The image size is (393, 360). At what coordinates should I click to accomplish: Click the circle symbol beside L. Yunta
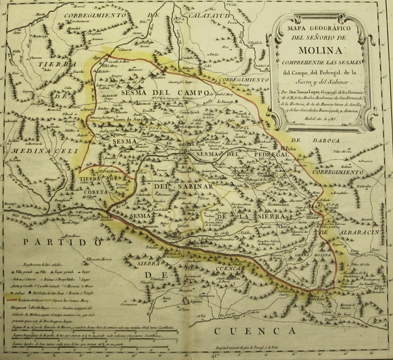(236, 101)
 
